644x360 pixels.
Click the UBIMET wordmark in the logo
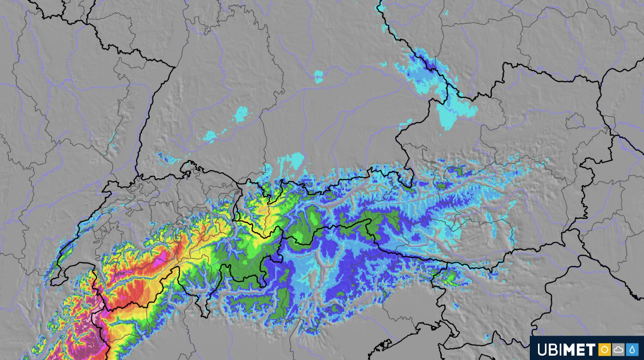click(x=566, y=349)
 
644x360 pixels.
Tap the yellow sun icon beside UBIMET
click(x=604, y=349)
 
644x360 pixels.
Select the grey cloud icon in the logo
click(x=618, y=349)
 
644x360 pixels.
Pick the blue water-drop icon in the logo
click(x=632, y=349)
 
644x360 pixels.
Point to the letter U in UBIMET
click(x=540, y=349)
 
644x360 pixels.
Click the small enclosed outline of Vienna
click(x=576, y=121)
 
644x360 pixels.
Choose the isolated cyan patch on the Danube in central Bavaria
click(x=318, y=77)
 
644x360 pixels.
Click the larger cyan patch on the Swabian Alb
click(x=241, y=115)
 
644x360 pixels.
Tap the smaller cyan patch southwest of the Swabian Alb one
click(x=210, y=137)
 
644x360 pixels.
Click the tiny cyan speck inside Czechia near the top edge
click(x=446, y=13)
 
